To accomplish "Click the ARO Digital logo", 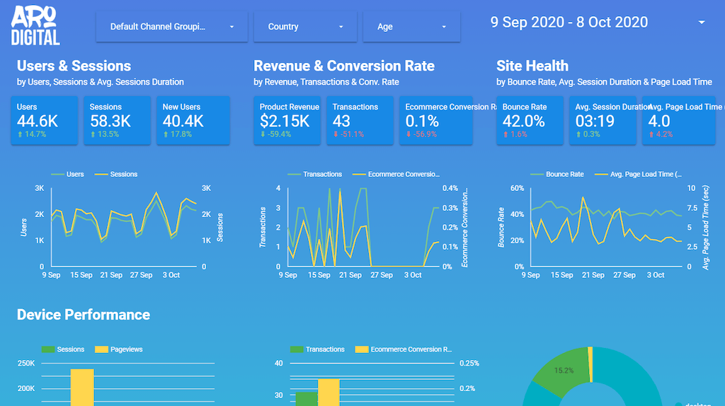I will click(35, 27).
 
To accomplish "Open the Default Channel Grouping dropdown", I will click(172, 27).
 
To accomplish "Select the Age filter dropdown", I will click(411, 27).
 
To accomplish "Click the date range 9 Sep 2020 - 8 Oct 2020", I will click(569, 22).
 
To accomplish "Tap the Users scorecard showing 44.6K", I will click(37, 121).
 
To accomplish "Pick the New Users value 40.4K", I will click(183, 121).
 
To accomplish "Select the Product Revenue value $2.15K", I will click(285, 121).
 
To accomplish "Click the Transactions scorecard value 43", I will click(342, 121).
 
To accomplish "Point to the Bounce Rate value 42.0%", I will click(523, 121).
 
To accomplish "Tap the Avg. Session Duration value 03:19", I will click(595, 121).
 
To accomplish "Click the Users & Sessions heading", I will click(74, 66).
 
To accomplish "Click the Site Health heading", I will click(532, 66).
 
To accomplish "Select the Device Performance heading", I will click(84, 315).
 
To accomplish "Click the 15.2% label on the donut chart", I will click(564, 369).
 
